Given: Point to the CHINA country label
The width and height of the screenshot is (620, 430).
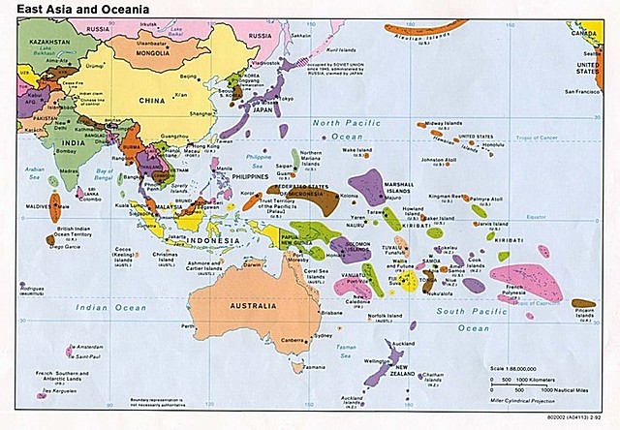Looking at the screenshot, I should click(151, 100).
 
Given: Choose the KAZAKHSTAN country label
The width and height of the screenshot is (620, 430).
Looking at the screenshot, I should click(44, 43).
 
